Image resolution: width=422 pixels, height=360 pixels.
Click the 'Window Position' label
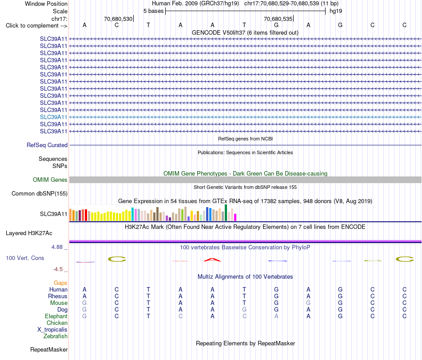46,4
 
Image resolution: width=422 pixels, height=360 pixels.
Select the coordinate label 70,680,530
118,19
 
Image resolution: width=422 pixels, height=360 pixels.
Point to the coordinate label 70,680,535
278,19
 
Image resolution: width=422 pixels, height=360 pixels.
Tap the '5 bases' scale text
153,11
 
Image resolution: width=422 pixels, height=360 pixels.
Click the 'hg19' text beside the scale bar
336,11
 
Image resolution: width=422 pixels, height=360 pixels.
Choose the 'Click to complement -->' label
36,26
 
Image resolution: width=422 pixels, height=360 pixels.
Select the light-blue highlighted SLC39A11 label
54,117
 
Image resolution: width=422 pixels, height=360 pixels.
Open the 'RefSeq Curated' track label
47,145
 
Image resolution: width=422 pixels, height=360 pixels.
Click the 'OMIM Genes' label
50,180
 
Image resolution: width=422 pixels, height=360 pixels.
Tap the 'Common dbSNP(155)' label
40,194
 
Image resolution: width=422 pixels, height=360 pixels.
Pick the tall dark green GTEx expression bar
226,213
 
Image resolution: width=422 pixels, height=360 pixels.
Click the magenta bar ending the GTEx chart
235,217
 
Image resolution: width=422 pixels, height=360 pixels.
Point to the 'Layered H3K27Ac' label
29,233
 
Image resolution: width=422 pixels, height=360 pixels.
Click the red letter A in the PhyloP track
212,260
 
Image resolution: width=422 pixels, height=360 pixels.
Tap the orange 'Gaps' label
60,283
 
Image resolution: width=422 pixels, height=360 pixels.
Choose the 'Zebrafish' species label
56,336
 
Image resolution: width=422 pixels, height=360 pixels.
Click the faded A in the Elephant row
276,316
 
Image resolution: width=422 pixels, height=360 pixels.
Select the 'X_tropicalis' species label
52,330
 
